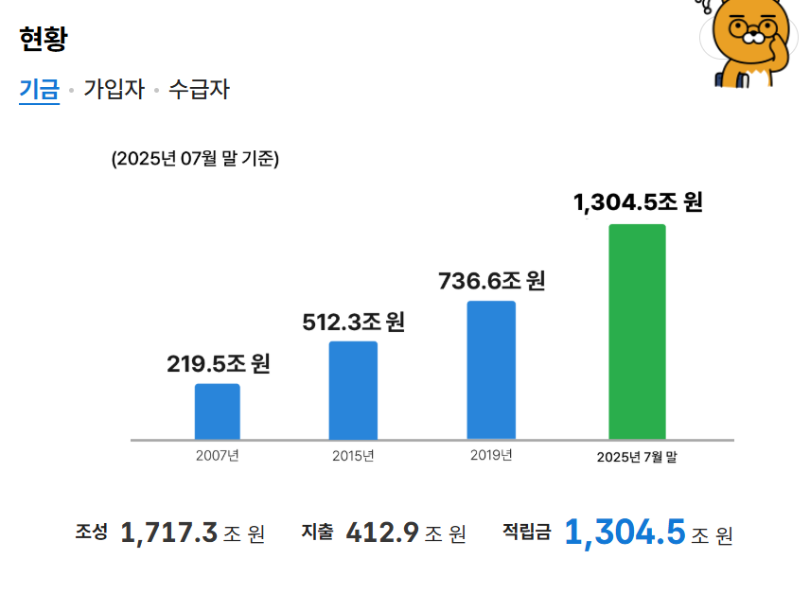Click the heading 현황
[x=43, y=40]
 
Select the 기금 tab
[x=39, y=90]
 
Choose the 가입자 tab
[x=114, y=90]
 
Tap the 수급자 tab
[x=199, y=90]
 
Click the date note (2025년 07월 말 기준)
[x=195, y=158]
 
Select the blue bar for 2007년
[x=217, y=411]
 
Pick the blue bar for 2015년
[x=353, y=390]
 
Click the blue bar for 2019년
[x=491, y=370]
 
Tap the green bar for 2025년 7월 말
[x=637, y=332]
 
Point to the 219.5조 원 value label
[x=219, y=363]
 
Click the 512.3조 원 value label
[x=353, y=323]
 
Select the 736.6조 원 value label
[x=491, y=281]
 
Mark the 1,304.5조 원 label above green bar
[x=638, y=202]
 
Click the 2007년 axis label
[x=217, y=456]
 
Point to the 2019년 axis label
[x=491, y=456]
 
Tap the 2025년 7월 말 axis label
[x=637, y=457]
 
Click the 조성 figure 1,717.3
[x=169, y=533]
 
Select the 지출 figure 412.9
[x=382, y=533]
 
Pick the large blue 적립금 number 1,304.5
[x=625, y=532]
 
